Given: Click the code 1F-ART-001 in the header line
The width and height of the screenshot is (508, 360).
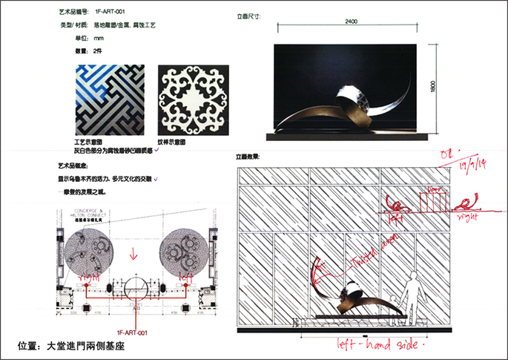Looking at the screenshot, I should click(x=111, y=13).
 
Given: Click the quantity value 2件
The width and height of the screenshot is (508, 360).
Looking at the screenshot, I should click(x=98, y=50).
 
